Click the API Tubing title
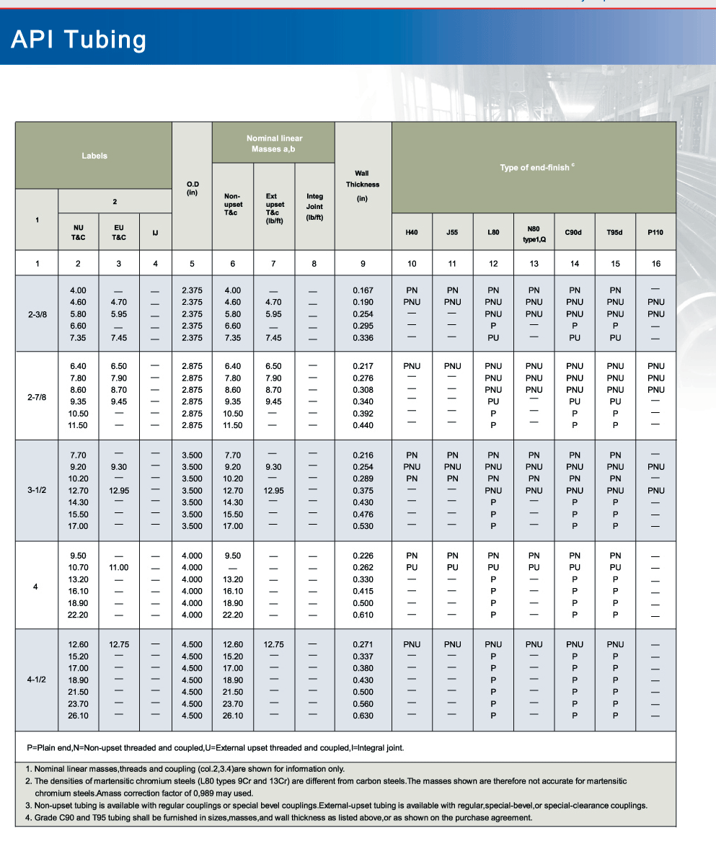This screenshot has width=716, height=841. click(79, 40)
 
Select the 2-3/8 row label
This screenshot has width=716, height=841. click(37, 314)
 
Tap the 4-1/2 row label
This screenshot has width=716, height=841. click(37, 680)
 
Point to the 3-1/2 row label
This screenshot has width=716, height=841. click(37, 490)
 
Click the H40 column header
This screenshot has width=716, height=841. click(412, 233)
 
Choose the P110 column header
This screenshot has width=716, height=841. click(655, 233)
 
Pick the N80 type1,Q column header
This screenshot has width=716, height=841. click(534, 233)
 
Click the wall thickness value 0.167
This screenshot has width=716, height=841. click(363, 290)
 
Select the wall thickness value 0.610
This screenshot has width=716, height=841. click(363, 615)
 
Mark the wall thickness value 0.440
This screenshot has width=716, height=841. click(363, 425)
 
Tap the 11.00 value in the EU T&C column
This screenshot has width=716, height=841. click(119, 567)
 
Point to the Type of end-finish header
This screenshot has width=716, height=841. click(534, 167)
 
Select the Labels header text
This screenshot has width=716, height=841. click(94, 156)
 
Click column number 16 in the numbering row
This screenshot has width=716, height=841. click(655, 264)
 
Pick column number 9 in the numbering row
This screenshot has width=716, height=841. click(363, 264)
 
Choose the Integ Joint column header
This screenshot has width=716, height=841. click(314, 206)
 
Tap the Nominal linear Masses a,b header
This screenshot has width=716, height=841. click(274, 143)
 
